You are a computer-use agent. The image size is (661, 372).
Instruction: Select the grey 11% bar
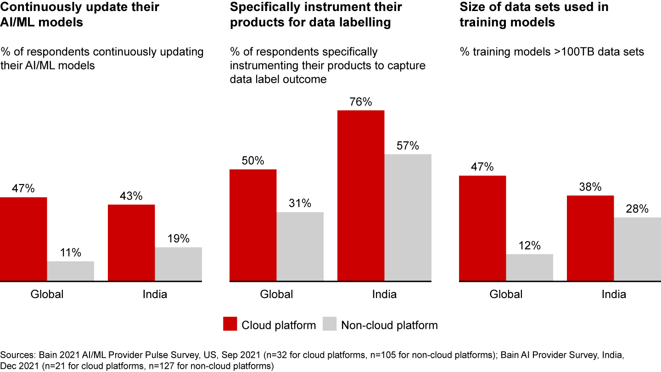(x=70, y=271)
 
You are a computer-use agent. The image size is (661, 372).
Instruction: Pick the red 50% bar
(x=253, y=225)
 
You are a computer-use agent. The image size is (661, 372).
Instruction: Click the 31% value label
(x=300, y=203)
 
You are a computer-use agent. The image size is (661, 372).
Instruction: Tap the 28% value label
(x=637, y=209)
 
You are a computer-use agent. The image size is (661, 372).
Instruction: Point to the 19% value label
(x=178, y=239)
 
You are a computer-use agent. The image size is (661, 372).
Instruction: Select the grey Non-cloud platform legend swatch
(x=330, y=324)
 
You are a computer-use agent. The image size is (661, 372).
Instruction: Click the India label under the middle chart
(x=384, y=294)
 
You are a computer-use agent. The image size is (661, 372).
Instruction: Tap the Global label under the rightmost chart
(x=506, y=294)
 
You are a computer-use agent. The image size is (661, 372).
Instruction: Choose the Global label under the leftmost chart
(x=47, y=294)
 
